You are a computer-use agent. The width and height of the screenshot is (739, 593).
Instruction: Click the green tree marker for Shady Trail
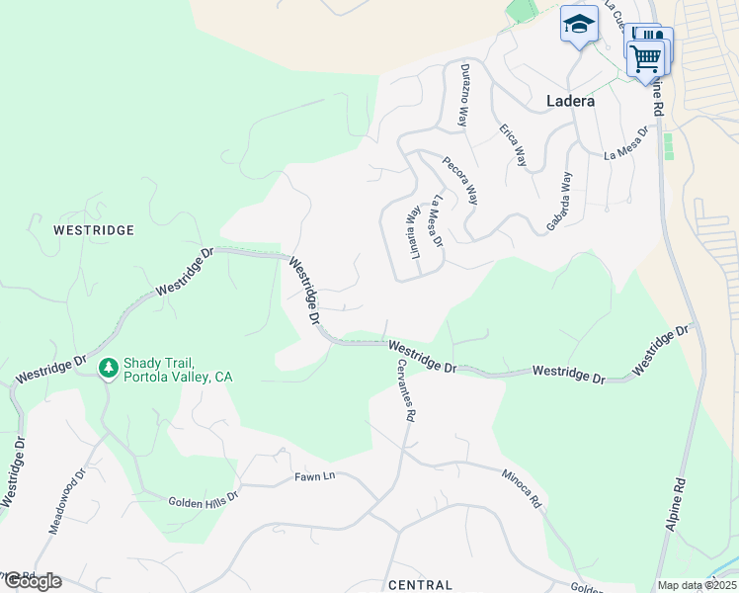tap(109, 368)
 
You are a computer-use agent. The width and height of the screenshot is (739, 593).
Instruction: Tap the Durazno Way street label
tap(462, 95)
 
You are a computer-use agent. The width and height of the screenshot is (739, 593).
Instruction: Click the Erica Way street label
tap(513, 144)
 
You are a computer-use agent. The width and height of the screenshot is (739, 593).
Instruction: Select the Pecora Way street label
tap(459, 180)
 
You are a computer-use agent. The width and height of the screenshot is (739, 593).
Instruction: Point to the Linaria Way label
tap(416, 231)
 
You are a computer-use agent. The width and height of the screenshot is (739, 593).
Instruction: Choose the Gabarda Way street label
tap(560, 203)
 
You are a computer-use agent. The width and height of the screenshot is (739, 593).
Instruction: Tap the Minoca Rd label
tap(521, 488)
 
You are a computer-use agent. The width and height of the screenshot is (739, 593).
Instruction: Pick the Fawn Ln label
tap(315, 476)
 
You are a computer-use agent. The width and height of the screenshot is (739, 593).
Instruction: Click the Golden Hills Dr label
tap(204, 502)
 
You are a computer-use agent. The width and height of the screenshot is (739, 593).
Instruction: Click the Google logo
tap(32, 581)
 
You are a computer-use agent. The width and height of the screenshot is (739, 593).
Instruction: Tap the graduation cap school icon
tap(579, 25)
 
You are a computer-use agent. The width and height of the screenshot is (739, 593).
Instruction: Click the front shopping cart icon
tap(646, 56)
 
